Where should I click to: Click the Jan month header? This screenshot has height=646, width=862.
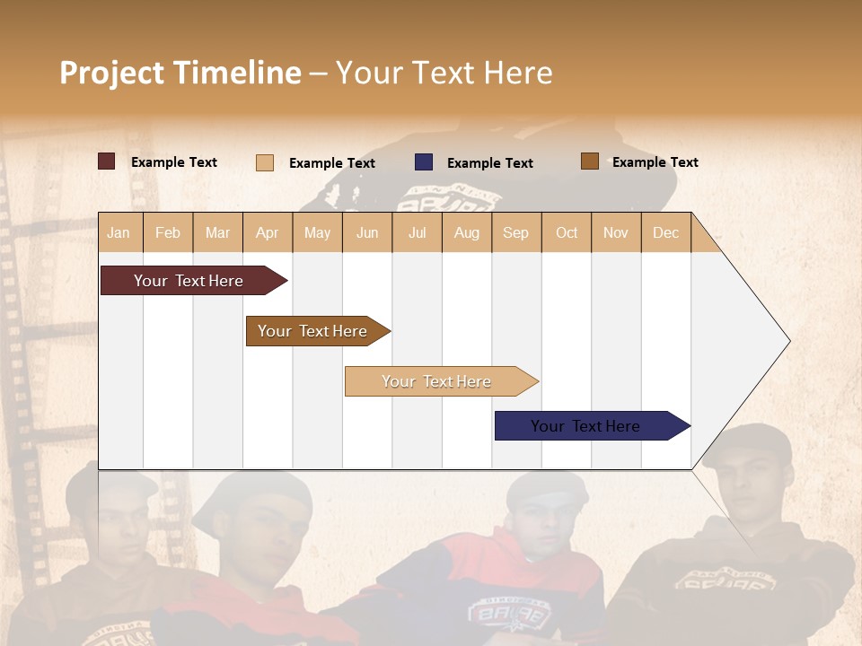pos(119,232)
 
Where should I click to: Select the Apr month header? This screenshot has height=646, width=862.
pos(267,232)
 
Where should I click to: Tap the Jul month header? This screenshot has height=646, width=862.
pos(417,232)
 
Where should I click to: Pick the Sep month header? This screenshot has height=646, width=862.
pos(515,232)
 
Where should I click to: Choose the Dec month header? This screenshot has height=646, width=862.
pos(665,232)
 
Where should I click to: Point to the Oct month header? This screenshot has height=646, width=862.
pos(566,232)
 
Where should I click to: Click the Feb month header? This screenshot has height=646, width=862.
pos(168,232)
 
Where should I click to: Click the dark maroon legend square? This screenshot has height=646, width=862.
pos(106,161)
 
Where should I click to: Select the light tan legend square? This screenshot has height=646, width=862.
pos(264,162)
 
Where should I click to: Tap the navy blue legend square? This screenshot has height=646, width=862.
pos(424,162)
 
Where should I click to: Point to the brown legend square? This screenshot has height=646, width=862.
pos(589,161)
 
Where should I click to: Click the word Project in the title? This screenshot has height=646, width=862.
pos(111,73)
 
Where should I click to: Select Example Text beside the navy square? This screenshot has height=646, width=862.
pos(489,163)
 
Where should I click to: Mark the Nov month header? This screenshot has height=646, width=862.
pos(615,232)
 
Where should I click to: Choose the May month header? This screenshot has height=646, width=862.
pos(317,232)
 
